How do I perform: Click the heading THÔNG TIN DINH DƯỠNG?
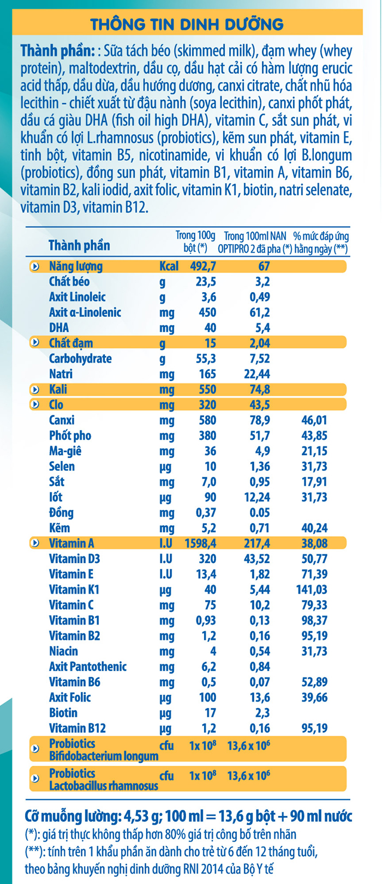[x=187, y=24]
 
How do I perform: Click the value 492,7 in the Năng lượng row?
[x=201, y=267]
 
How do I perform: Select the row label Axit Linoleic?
[x=77, y=297]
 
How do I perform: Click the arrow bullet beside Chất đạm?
[x=35, y=343]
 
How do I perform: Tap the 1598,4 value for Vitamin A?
[x=200, y=543]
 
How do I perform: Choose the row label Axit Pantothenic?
[x=87, y=667]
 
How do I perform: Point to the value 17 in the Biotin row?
[x=210, y=713]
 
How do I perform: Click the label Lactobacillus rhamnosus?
[x=103, y=786]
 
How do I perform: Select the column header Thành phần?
[x=79, y=245]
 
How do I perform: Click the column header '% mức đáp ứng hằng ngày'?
[x=321, y=243]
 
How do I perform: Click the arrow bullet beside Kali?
[x=35, y=390]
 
